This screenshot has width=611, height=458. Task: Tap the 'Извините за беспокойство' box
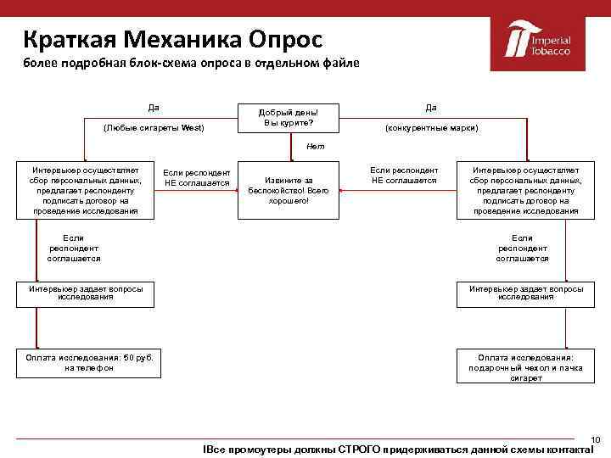click(289, 190)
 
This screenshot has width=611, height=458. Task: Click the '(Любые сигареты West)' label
click(154, 128)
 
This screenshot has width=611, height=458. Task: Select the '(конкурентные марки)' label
click(431, 128)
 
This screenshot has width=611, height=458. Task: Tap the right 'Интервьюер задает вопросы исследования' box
click(525, 293)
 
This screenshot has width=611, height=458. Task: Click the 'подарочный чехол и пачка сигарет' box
click(525, 367)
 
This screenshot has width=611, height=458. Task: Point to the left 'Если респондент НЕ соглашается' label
click(197, 177)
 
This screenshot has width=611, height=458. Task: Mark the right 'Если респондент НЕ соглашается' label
click(404, 176)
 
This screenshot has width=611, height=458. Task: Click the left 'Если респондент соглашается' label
click(74, 248)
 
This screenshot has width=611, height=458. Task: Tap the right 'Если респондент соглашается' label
click(522, 248)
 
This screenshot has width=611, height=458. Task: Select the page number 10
click(595, 438)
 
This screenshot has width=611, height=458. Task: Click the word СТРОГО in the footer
click(360, 449)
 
